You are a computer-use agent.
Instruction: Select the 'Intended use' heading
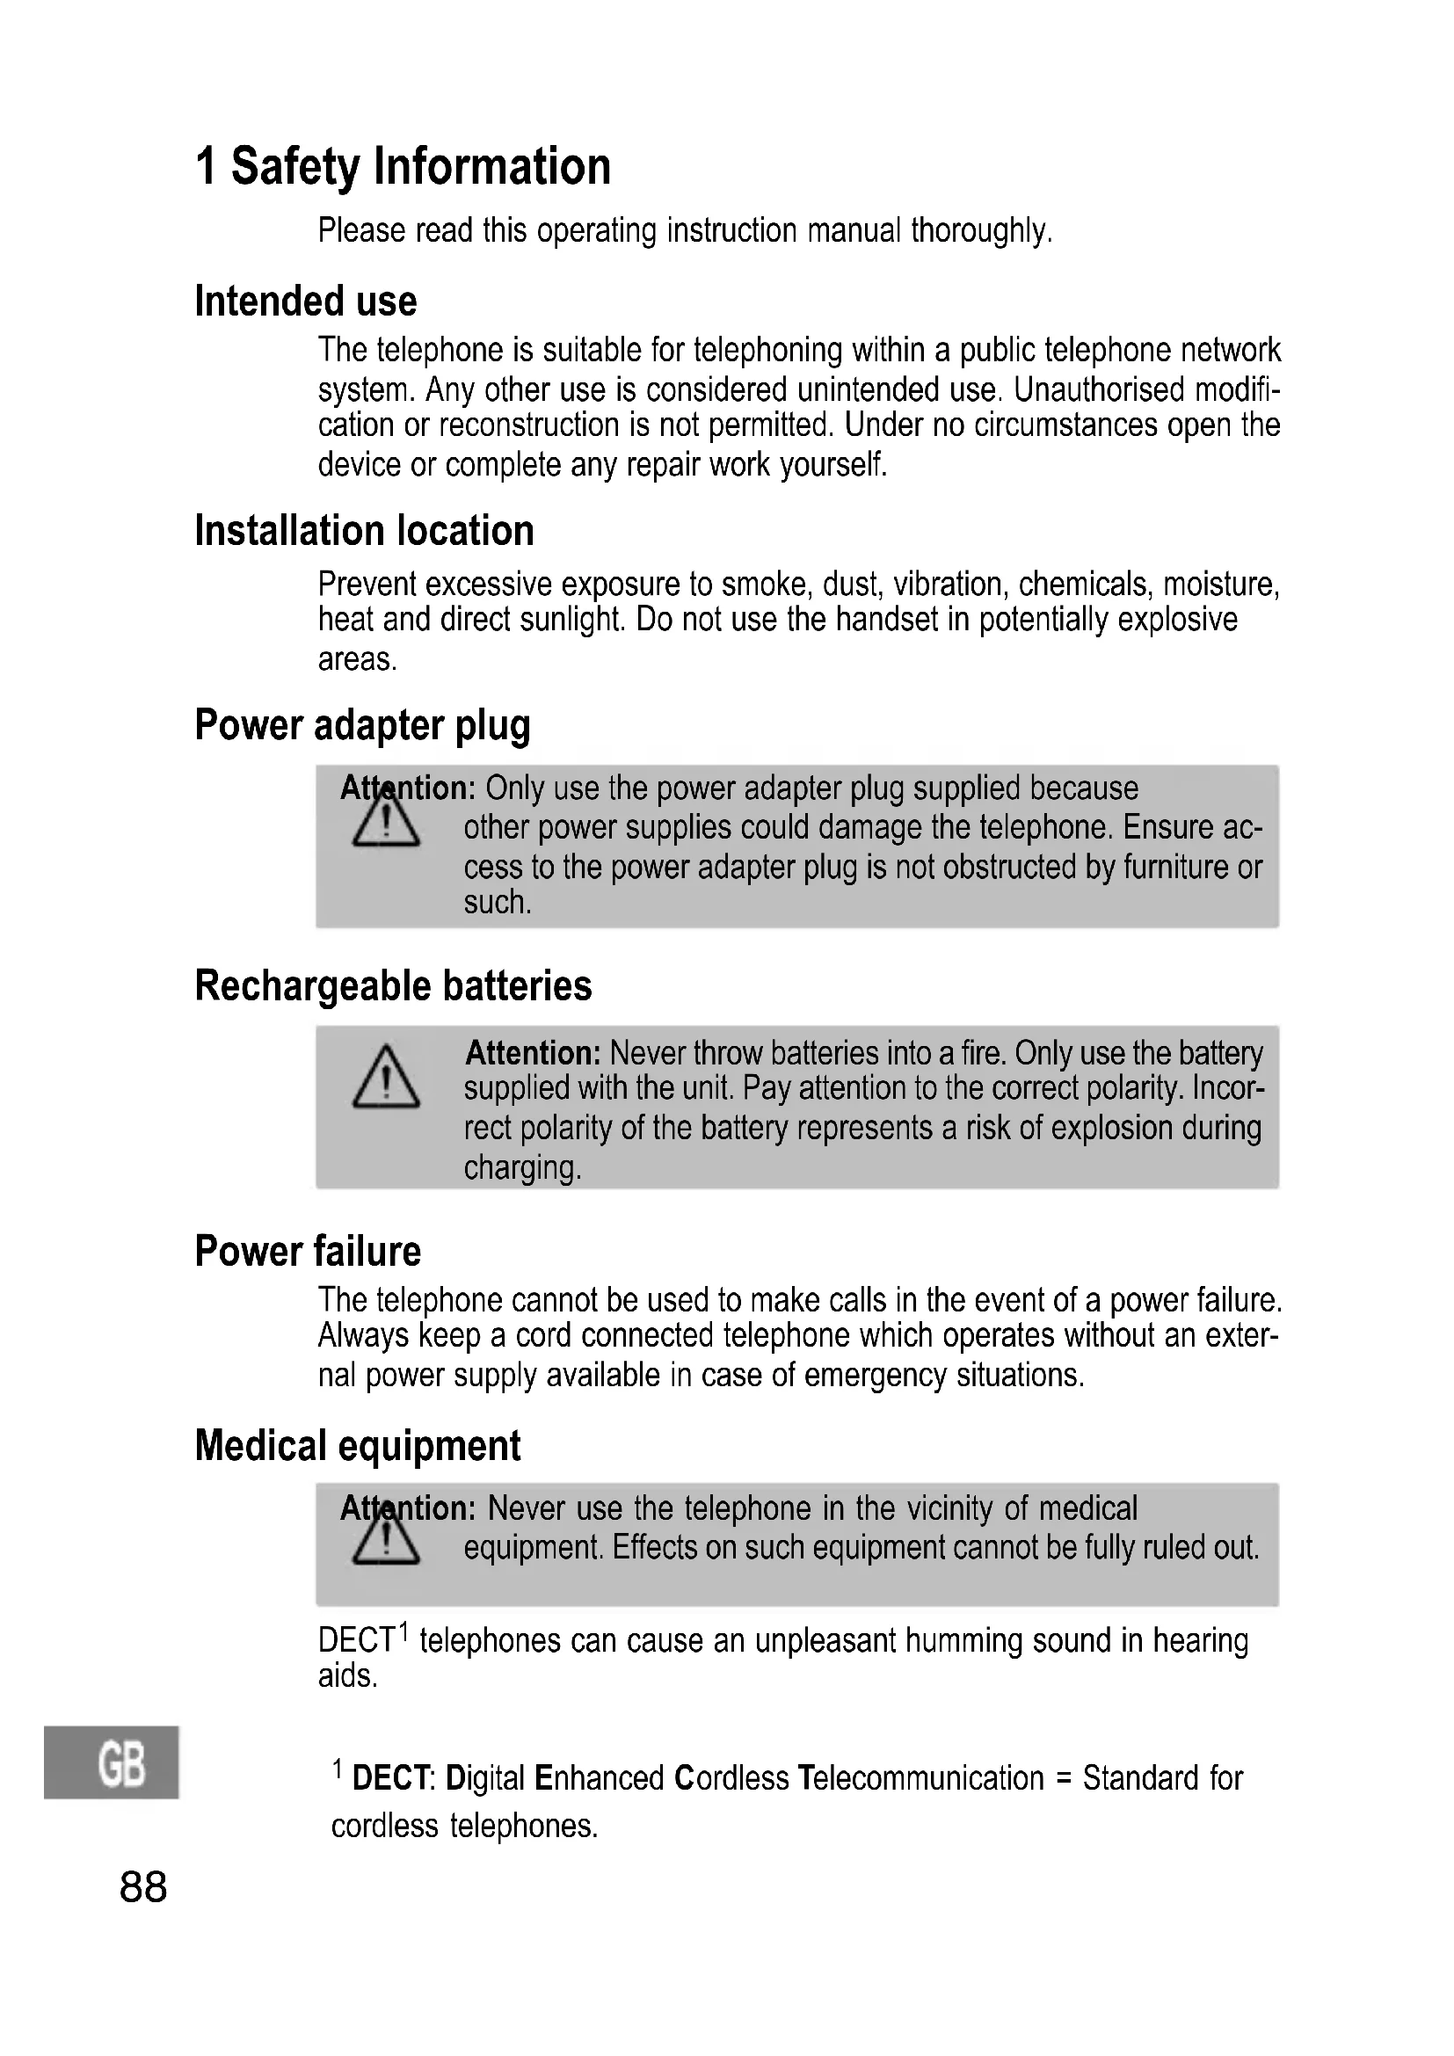coord(305,301)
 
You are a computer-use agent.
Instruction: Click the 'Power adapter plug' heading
coord(362,724)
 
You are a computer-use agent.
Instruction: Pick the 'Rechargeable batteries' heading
coord(393,985)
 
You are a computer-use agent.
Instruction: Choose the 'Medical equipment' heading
coord(357,1445)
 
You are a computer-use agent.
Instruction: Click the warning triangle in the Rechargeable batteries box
coord(386,1079)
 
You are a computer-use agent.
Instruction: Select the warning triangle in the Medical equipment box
coord(386,1537)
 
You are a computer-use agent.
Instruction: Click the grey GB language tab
coord(111,1762)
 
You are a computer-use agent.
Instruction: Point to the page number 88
coord(143,1887)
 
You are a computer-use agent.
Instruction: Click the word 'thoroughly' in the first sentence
coord(980,231)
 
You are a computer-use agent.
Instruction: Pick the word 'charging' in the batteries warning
coord(522,1167)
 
